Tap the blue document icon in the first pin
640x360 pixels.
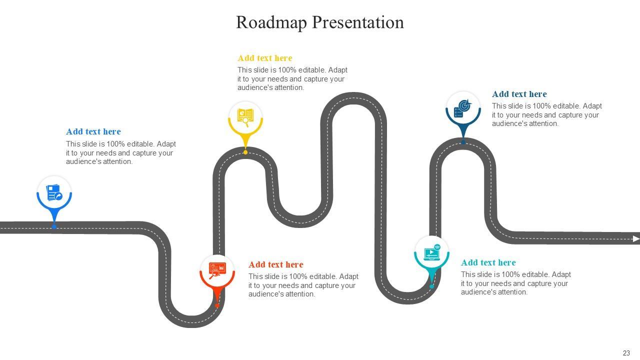point(54,192)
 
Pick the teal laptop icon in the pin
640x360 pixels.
point(431,253)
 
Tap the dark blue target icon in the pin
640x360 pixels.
point(463,108)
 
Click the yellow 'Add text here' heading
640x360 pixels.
point(264,58)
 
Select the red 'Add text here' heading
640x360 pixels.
point(275,264)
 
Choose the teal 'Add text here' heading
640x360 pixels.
point(488,262)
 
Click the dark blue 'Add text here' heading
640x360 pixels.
point(519,94)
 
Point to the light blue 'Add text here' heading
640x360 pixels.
point(93,131)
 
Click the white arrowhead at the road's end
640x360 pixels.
point(636,239)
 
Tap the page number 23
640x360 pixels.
point(626,353)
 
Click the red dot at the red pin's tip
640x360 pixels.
point(217,305)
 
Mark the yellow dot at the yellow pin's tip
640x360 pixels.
point(245,152)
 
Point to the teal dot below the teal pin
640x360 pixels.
point(431,286)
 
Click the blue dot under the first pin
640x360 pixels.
point(54,227)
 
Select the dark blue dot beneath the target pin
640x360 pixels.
point(463,142)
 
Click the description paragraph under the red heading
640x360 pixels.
point(303,285)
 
